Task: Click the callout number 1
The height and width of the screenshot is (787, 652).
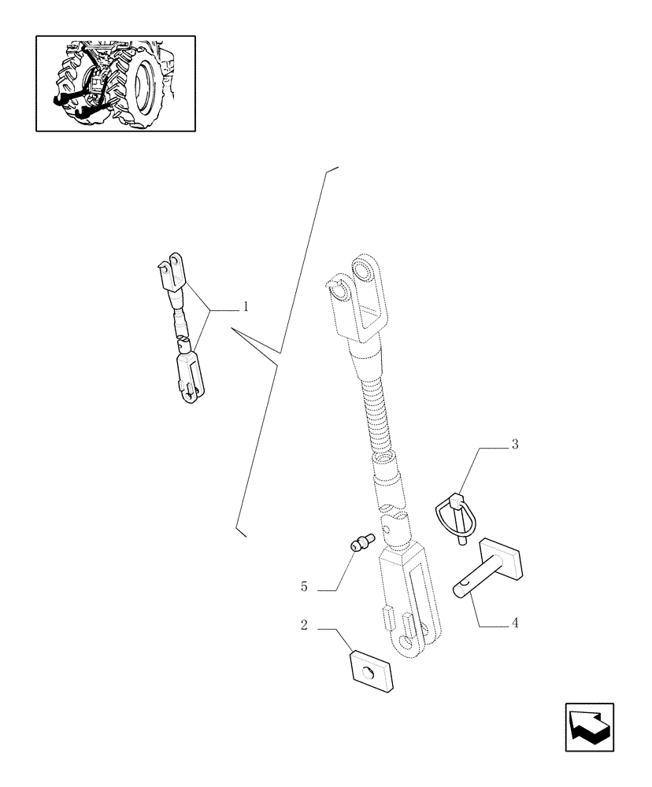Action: [245, 306]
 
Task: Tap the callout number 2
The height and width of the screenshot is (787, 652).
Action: [303, 626]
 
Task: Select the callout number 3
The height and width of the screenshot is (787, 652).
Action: [515, 445]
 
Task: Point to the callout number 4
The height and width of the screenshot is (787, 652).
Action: [515, 623]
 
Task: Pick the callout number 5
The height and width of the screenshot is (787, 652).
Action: [304, 587]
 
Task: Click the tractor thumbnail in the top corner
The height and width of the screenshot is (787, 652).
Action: [116, 83]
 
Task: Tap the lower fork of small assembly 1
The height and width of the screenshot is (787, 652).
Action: [188, 376]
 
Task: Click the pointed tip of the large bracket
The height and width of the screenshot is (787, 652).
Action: [234, 331]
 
